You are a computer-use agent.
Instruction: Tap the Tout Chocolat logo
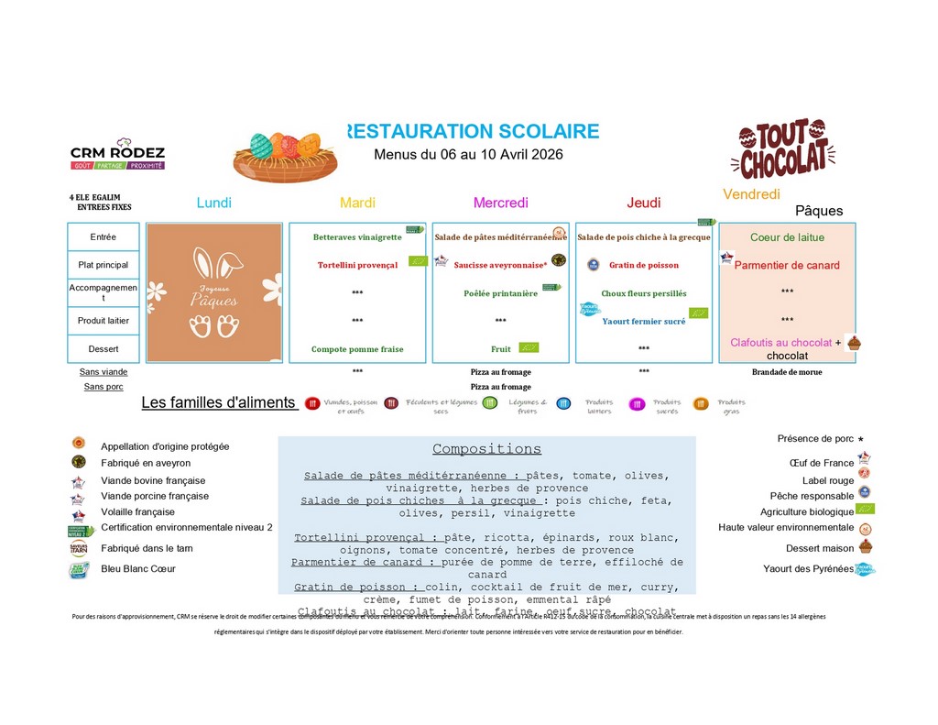[x=783, y=148]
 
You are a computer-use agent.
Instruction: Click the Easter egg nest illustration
[x=285, y=156]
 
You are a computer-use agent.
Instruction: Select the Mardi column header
[x=357, y=203]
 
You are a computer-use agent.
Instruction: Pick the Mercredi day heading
[x=500, y=203]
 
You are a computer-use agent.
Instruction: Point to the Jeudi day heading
[x=643, y=203]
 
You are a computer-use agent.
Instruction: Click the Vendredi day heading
[x=751, y=194]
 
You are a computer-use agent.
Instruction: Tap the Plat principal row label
[x=104, y=265]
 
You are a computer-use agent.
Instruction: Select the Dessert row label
[x=104, y=349]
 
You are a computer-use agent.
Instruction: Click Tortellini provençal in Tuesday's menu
[x=357, y=265]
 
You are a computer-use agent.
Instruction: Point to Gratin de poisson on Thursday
[x=644, y=265]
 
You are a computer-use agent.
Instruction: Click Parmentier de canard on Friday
[x=787, y=266]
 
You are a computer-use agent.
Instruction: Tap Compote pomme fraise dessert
[x=357, y=349]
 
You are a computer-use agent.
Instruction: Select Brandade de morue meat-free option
[x=787, y=372]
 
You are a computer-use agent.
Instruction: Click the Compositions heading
[x=486, y=449]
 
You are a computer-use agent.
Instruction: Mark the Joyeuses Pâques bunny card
[x=214, y=292]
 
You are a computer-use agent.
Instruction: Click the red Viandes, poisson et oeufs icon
[x=312, y=402]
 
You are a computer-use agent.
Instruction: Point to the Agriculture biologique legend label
[x=807, y=511]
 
